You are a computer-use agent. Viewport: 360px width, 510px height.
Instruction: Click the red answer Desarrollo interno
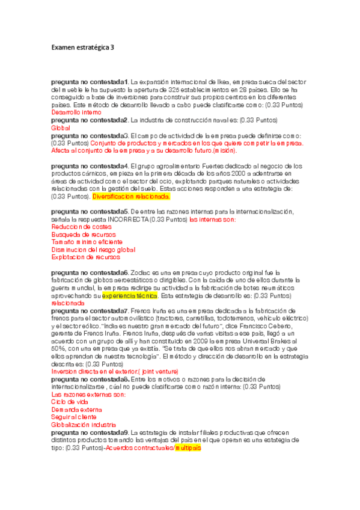point(76,112)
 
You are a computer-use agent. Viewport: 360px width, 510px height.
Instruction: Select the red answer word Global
point(61,128)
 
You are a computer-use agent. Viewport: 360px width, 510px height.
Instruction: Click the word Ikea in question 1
point(228,81)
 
